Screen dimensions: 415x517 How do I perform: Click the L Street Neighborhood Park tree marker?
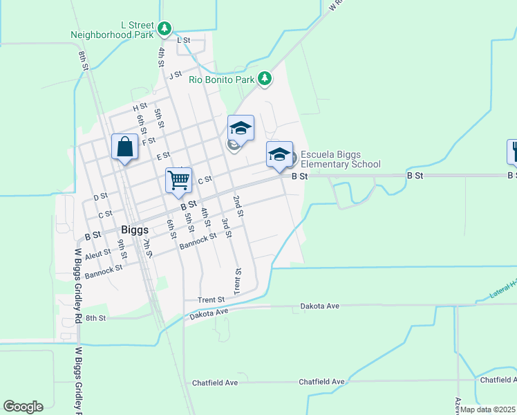pyautogui.click(x=164, y=28)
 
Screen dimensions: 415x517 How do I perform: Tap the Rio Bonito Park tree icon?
pyautogui.click(x=264, y=79)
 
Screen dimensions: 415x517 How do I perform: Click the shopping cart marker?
pyautogui.click(x=178, y=181)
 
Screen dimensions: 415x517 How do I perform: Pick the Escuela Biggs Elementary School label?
pyautogui.click(x=340, y=159)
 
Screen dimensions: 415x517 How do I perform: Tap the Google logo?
pyautogui.click(x=23, y=407)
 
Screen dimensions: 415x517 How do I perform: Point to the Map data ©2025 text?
pyautogui.click(x=488, y=409)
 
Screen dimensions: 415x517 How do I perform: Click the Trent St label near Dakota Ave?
pyautogui.click(x=211, y=299)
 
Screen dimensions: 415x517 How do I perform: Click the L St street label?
pyautogui.click(x=183, y=41)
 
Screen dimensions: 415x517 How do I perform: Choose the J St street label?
pyautogui.click(x=176, y=75)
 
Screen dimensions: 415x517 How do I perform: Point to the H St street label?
pyautogui.click(x=140, y=107)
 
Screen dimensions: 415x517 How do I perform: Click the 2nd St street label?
pyautogui.click(x=238, y=205)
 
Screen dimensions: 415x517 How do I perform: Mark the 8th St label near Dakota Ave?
pyautogui.click(x=97, y=318)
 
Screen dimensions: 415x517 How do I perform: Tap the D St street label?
pyautogui.click(x=100, y=196)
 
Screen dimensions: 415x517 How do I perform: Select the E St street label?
pyautogui.click(x=163, y=156)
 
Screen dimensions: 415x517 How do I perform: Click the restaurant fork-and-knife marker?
pyautogui.click(x=514, y=151)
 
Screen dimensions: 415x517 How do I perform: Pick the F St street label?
pyautogui.click(x=149, y=141)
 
